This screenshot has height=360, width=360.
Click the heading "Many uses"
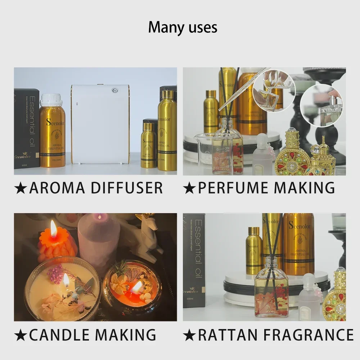click(183, 27)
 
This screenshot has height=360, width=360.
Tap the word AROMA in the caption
click(60, 188)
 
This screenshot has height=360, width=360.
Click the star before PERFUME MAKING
click(189, 188)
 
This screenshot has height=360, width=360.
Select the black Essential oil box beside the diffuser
click(26, 129)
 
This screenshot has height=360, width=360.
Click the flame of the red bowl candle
click(137, 287)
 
